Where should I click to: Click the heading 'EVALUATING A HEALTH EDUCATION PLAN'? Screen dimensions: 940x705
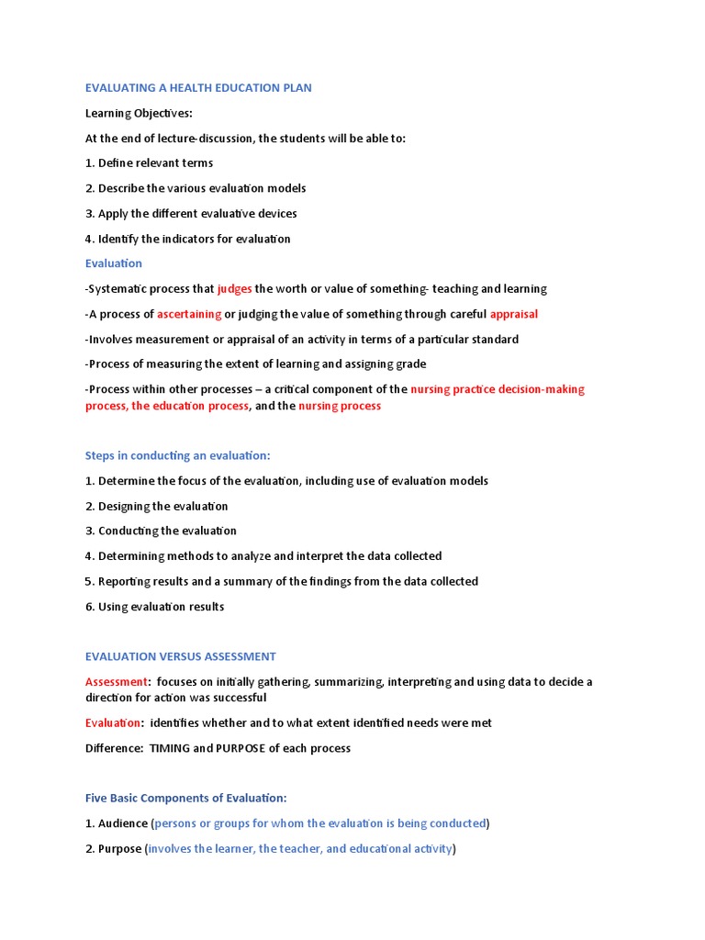click(198, 88)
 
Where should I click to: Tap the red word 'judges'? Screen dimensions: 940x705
click(234, 289)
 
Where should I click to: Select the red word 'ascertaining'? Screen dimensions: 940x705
click(189, 314)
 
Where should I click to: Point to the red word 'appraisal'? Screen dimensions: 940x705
click(514, 314)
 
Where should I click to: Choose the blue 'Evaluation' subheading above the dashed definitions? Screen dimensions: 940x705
click(114, 263)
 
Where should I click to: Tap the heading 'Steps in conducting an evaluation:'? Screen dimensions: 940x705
click(178, 455)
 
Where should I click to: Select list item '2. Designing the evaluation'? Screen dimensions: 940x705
click(156, 506)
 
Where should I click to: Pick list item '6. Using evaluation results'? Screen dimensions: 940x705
click(154, 607)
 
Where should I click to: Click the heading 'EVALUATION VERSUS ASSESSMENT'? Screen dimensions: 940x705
click(180, 656)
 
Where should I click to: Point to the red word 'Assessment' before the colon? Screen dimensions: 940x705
click(117, 682)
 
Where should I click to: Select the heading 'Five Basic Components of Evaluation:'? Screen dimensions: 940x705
click(186, 798)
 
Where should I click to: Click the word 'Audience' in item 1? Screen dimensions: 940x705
click(123, 823)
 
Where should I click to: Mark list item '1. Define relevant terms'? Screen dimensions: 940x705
click(149, 163)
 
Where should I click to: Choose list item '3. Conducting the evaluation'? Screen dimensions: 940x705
click(161, 531)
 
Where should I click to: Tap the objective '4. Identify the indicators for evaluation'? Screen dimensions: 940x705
click(187, 239)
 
